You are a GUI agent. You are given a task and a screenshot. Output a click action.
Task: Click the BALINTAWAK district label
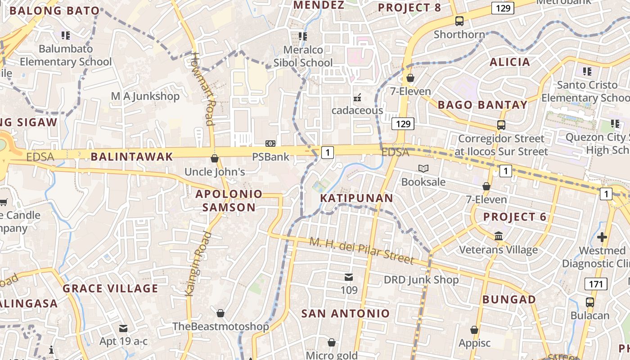132,157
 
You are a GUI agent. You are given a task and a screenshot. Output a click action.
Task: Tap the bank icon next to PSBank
270,144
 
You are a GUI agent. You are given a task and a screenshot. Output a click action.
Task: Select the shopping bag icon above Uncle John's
215,158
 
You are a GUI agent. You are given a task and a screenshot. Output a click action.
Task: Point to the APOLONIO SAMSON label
229,201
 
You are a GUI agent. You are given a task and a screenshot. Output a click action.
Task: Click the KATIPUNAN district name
356,198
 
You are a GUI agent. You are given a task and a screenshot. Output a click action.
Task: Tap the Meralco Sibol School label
303,56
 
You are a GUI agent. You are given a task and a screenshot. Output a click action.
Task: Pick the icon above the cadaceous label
358,97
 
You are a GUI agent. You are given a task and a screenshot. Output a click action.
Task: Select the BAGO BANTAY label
482,105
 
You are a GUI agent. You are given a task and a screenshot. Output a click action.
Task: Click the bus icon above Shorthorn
459,21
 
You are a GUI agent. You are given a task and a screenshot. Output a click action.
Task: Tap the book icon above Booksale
423,169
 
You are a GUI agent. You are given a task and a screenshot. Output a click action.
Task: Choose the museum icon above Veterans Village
499,236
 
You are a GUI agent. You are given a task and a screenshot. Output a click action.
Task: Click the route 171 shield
596,283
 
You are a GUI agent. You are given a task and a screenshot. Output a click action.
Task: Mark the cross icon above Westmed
602,237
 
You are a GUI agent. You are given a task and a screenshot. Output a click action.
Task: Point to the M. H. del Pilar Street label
361,250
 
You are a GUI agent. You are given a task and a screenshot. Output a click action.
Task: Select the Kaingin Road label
198,264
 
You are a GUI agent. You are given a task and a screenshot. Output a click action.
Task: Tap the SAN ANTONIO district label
345,314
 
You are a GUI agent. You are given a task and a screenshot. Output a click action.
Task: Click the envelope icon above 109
349,277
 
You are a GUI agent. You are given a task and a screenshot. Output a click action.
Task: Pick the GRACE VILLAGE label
110,288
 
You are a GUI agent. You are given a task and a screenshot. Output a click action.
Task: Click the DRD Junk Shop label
421,280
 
